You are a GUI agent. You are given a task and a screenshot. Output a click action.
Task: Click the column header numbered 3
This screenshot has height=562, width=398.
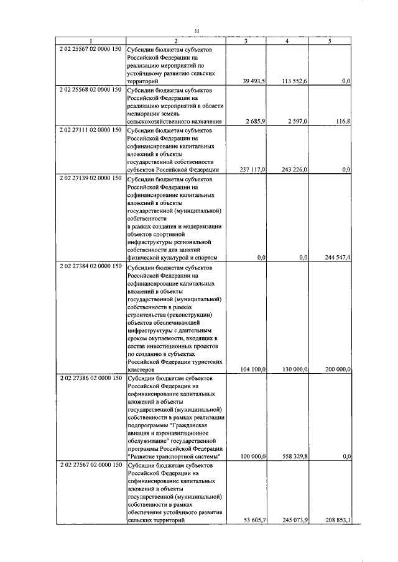pyautogui.click(x=246, y=41)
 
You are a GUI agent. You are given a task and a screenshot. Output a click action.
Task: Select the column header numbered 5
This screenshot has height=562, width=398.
pyautogui.click(x=330, y=41)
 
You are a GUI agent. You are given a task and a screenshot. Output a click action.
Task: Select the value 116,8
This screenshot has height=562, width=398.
pyautogui.click(x=343, y=122)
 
